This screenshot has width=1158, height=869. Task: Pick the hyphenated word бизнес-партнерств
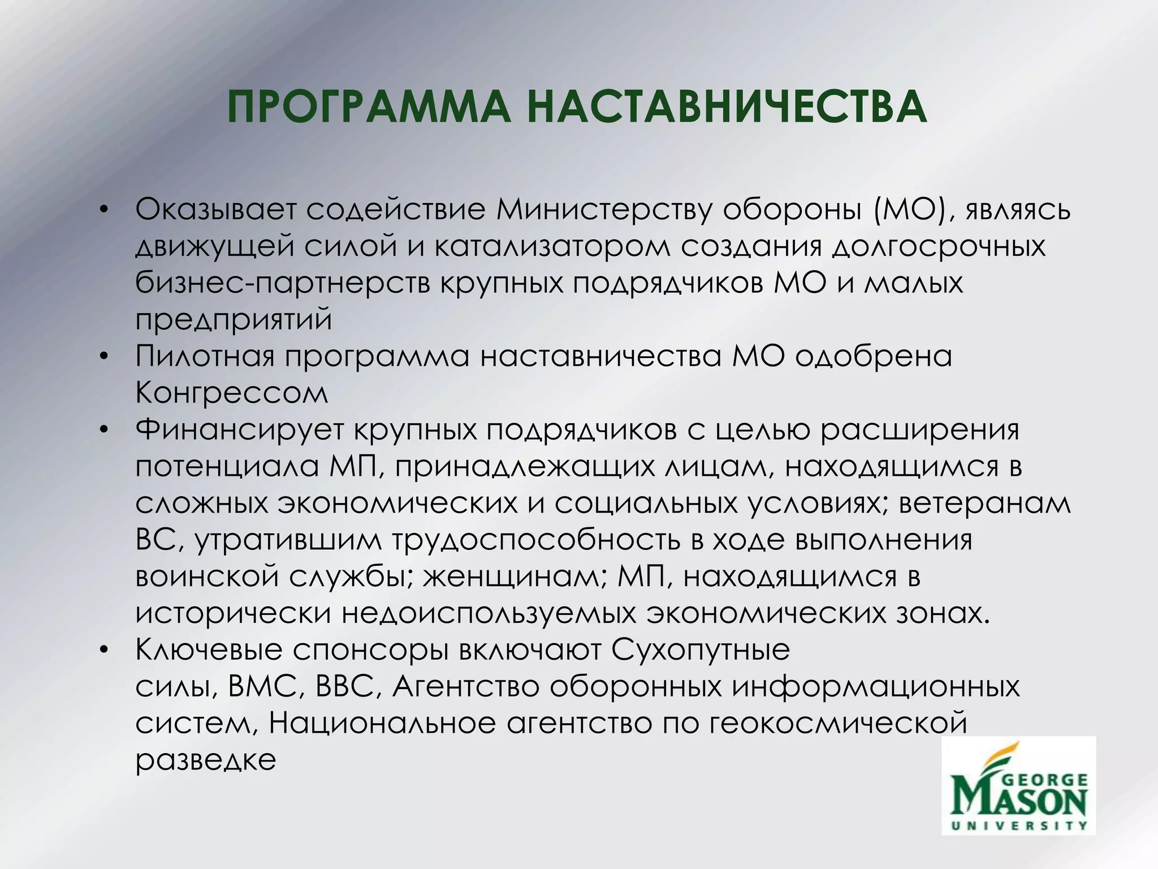pos(283,283)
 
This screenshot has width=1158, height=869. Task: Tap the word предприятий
pos(234,320)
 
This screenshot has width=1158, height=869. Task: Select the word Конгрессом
pos(232,393)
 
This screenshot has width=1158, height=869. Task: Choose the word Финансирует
pos(240,429)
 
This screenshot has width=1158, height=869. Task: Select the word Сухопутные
pos(701,649)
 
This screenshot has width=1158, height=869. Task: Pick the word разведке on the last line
pos(206,760)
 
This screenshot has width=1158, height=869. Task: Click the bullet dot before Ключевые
pos(102,651)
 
